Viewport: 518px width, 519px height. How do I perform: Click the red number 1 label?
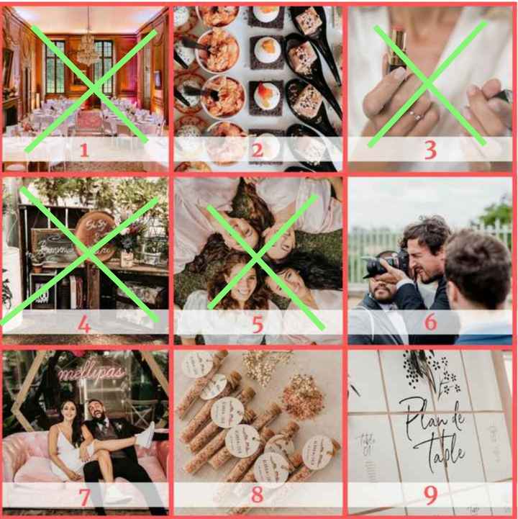point(84,150)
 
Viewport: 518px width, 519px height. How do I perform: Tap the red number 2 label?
point(257,150)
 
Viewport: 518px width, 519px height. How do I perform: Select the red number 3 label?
point(430,150)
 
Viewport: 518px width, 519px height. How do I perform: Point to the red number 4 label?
point(84,324)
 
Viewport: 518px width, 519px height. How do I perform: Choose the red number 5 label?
point(257,324)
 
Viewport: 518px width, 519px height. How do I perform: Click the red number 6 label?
point(430,322)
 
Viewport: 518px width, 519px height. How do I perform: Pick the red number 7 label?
point(84,497)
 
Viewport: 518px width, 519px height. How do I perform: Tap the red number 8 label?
point(257,497)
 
